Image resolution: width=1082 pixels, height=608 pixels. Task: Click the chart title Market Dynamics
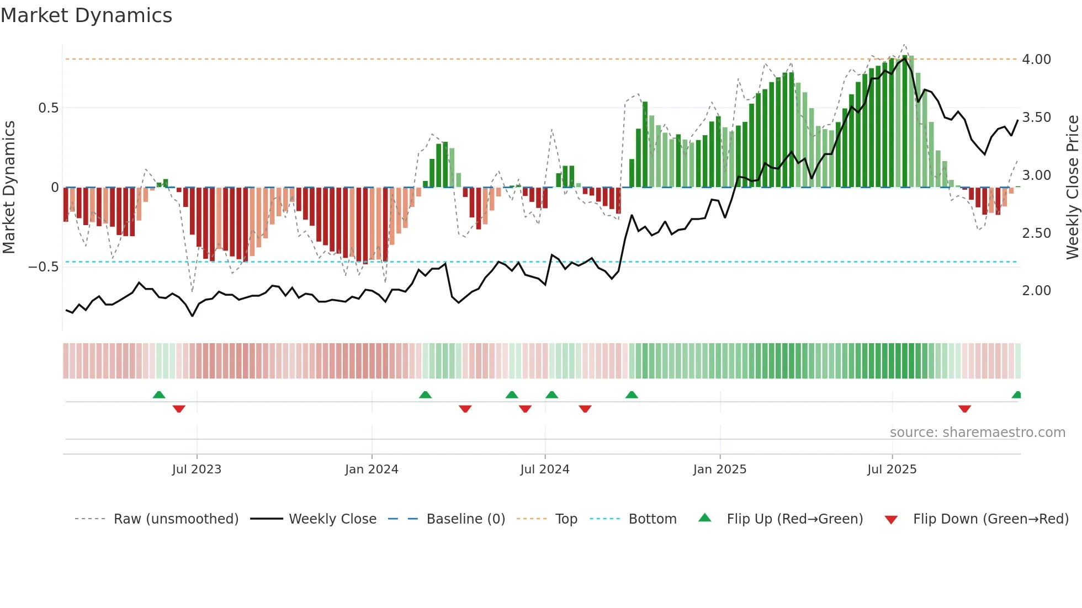[86, 15]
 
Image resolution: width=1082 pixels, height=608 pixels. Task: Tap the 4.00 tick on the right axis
[1036, 60]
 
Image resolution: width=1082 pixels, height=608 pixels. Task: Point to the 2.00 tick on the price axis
[1036, 291]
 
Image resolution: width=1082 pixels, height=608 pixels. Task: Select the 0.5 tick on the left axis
[49, 108]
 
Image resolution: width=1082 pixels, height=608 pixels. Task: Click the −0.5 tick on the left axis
[44, 267]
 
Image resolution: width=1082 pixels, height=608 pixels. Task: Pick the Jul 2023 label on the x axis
[197, 470]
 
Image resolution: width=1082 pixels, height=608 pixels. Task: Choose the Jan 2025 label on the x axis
[719, 470]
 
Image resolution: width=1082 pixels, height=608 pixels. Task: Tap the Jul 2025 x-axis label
[892, 470]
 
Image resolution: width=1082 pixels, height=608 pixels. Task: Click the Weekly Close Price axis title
[1072, 187]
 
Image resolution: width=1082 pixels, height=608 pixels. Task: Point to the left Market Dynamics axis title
[9, 187]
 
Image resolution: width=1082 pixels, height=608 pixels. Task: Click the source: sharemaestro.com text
[977, 433]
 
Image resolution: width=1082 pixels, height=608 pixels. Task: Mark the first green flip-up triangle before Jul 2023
[159, 394]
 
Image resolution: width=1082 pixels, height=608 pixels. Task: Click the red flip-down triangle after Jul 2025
[964, 409]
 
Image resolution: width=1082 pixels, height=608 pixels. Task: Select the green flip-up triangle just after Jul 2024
[551, 394]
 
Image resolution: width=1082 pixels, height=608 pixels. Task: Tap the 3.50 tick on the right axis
[1036, 118]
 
